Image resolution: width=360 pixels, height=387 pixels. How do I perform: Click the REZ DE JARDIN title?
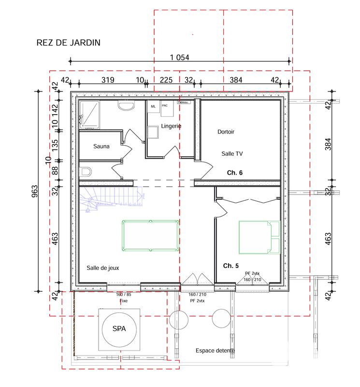[x=68, y=43]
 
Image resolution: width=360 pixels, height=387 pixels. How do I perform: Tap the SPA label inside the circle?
[x=119, y=329]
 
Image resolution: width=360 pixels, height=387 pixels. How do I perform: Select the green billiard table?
[x=150, y=236]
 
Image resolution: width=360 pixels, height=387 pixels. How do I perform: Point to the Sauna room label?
[x=101, y=146]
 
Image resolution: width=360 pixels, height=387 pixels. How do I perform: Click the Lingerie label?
[x=171, y=126]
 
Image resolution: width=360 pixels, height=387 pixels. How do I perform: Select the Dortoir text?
[x=226, y=132]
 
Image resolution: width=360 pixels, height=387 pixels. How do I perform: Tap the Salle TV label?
[x=232, y=153]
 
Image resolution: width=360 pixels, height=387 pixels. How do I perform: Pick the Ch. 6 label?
[x=235, y=172]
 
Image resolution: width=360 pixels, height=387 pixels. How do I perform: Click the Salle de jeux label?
[x=102, y=268]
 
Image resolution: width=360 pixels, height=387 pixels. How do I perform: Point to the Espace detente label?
[x=215, y=351]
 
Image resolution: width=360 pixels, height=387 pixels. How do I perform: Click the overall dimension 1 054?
[x=179, y=57]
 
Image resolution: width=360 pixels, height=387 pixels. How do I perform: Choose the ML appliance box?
[x=153, y=107]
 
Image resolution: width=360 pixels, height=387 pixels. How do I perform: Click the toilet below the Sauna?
[x=86, y=171]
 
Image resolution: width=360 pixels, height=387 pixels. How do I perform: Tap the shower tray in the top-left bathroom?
[x=90, y=115]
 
